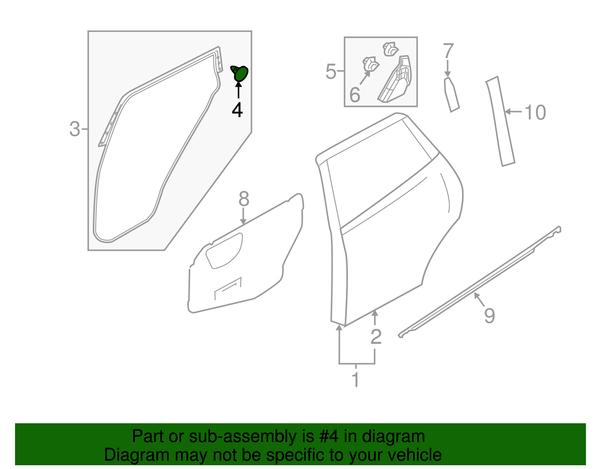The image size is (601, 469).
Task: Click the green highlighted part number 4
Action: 240,74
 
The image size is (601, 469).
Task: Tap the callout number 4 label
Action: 237,110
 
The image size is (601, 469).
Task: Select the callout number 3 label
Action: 75,129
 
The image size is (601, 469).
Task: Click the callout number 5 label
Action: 331,71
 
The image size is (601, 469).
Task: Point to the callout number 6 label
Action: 355,95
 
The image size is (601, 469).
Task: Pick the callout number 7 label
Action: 448,51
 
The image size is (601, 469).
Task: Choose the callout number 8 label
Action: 244,199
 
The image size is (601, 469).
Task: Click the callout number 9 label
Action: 489,315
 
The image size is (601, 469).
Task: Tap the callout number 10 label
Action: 535,112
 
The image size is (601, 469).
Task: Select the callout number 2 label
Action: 376,336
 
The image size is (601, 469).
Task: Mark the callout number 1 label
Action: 355,380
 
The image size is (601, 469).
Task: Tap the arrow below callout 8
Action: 243,217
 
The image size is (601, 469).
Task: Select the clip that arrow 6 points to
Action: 370,64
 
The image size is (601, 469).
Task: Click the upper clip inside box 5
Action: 391,49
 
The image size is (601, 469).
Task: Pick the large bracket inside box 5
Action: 396,81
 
